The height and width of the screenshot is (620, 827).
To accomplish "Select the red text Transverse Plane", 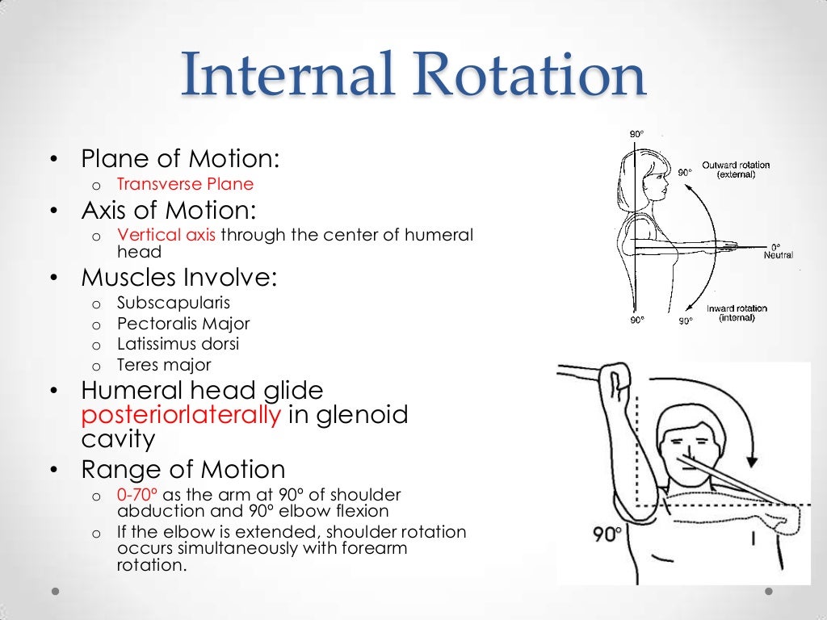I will (x=185, y=184).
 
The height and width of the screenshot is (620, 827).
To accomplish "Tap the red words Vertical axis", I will (x=167, y=235).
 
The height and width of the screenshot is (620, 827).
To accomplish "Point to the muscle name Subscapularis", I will (x=174, y=304).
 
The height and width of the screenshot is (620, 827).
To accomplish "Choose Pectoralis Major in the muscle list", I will (x=183, y=324).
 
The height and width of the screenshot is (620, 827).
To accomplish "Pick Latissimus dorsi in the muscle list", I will (x=178, y=344).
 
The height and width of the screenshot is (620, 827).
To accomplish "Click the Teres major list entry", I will (x=164, y=365).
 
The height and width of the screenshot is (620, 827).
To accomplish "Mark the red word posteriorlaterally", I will (x=181, y=416).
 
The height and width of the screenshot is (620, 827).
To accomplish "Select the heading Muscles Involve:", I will (x=178, y=278).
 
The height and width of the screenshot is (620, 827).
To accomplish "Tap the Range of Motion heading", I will (x=183, y=469).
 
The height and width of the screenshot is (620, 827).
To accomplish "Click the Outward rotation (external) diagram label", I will (x=736, y=170).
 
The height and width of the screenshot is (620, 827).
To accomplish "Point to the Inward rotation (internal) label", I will (x=737, y=313).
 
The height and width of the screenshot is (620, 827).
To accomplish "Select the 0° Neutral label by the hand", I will (x=779, y=250).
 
